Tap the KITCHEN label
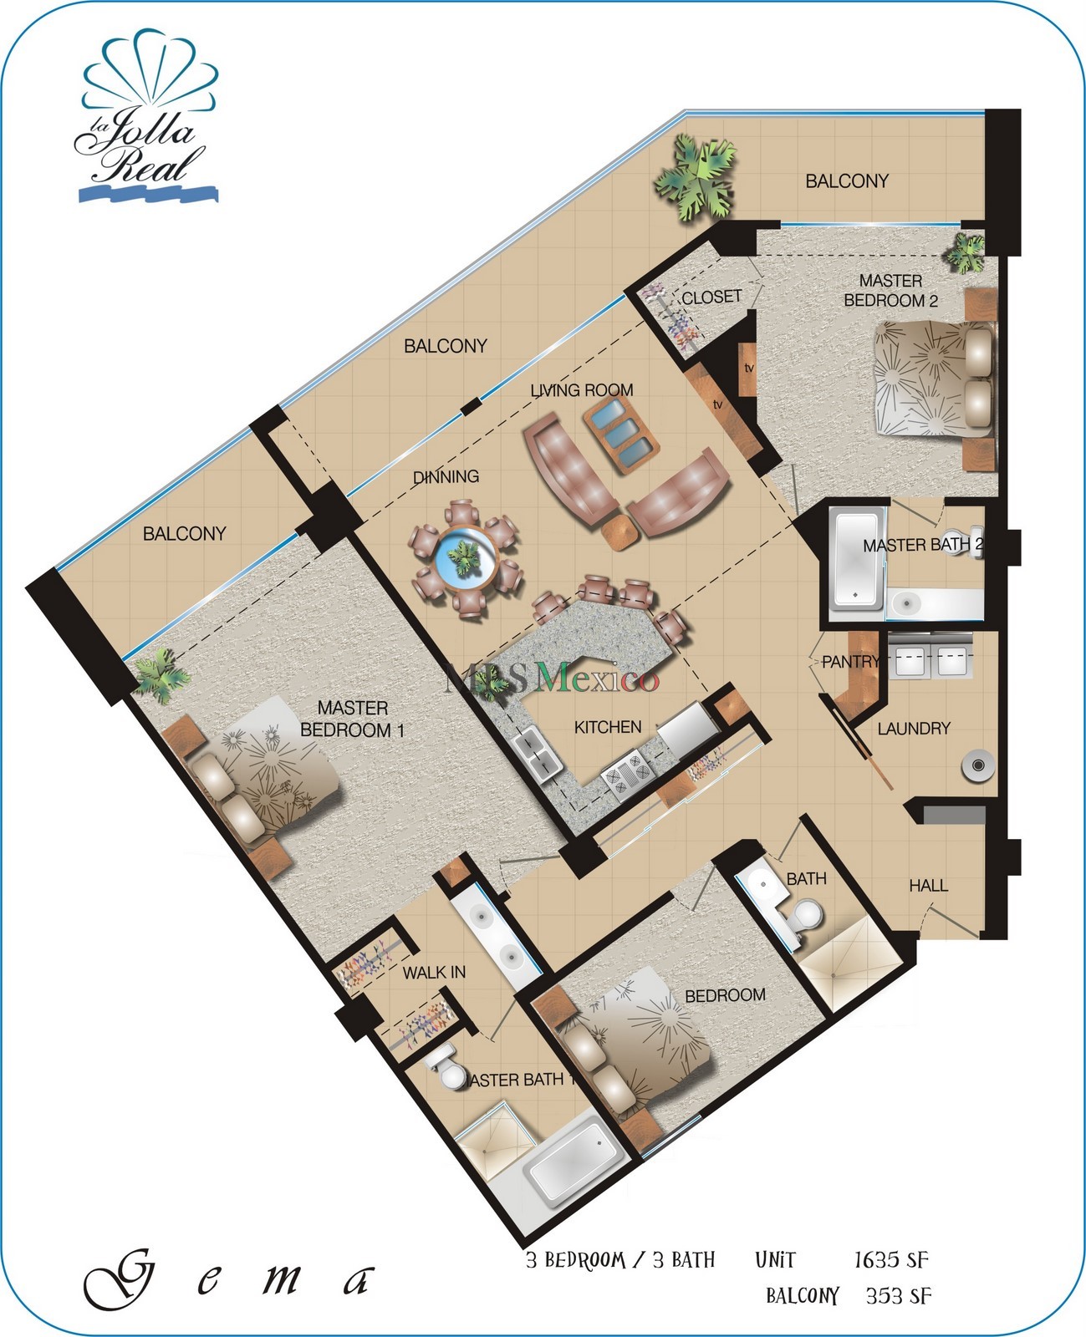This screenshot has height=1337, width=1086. pos(608,727)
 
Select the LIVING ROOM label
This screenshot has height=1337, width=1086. pos(582,390)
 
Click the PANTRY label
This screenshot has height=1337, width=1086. pos(850,662)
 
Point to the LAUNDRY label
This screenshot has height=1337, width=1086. pos(914,729)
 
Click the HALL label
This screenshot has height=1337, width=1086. pos(928,885)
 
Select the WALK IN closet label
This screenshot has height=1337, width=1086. pos(434,973)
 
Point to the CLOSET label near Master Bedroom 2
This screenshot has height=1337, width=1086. pos(711,297)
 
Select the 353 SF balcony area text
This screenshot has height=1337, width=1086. pos(898,1296)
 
